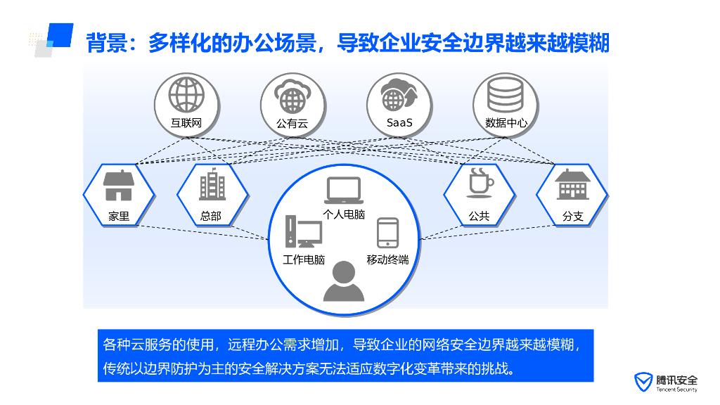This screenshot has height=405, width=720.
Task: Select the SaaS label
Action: coord(399,123)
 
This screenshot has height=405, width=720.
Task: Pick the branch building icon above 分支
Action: coord(573,185)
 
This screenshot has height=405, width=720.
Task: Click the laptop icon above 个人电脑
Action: coord(344,191)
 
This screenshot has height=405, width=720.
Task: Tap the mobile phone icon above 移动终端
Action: coord(387,232)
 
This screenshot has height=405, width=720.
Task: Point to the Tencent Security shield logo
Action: coord(641,380)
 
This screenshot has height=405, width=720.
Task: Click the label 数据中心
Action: coord(506,123)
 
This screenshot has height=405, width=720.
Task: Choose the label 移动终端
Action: coord(387,259)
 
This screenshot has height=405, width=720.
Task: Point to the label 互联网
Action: coord(186,123)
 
